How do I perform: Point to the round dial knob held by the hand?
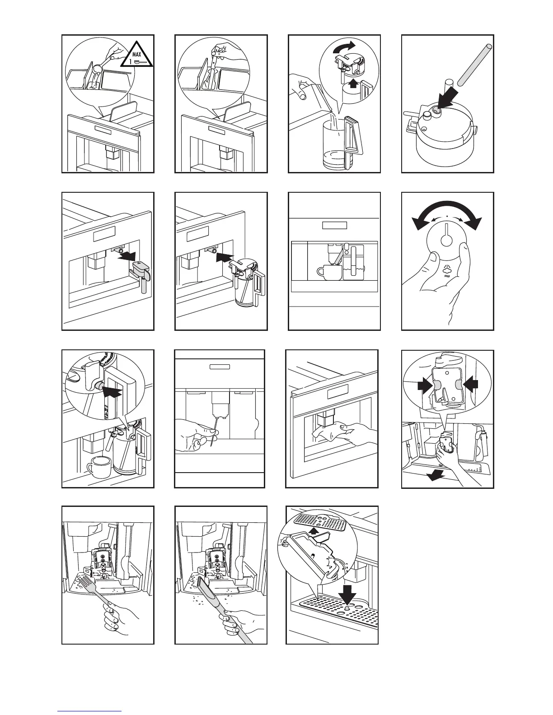(446, 242)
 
